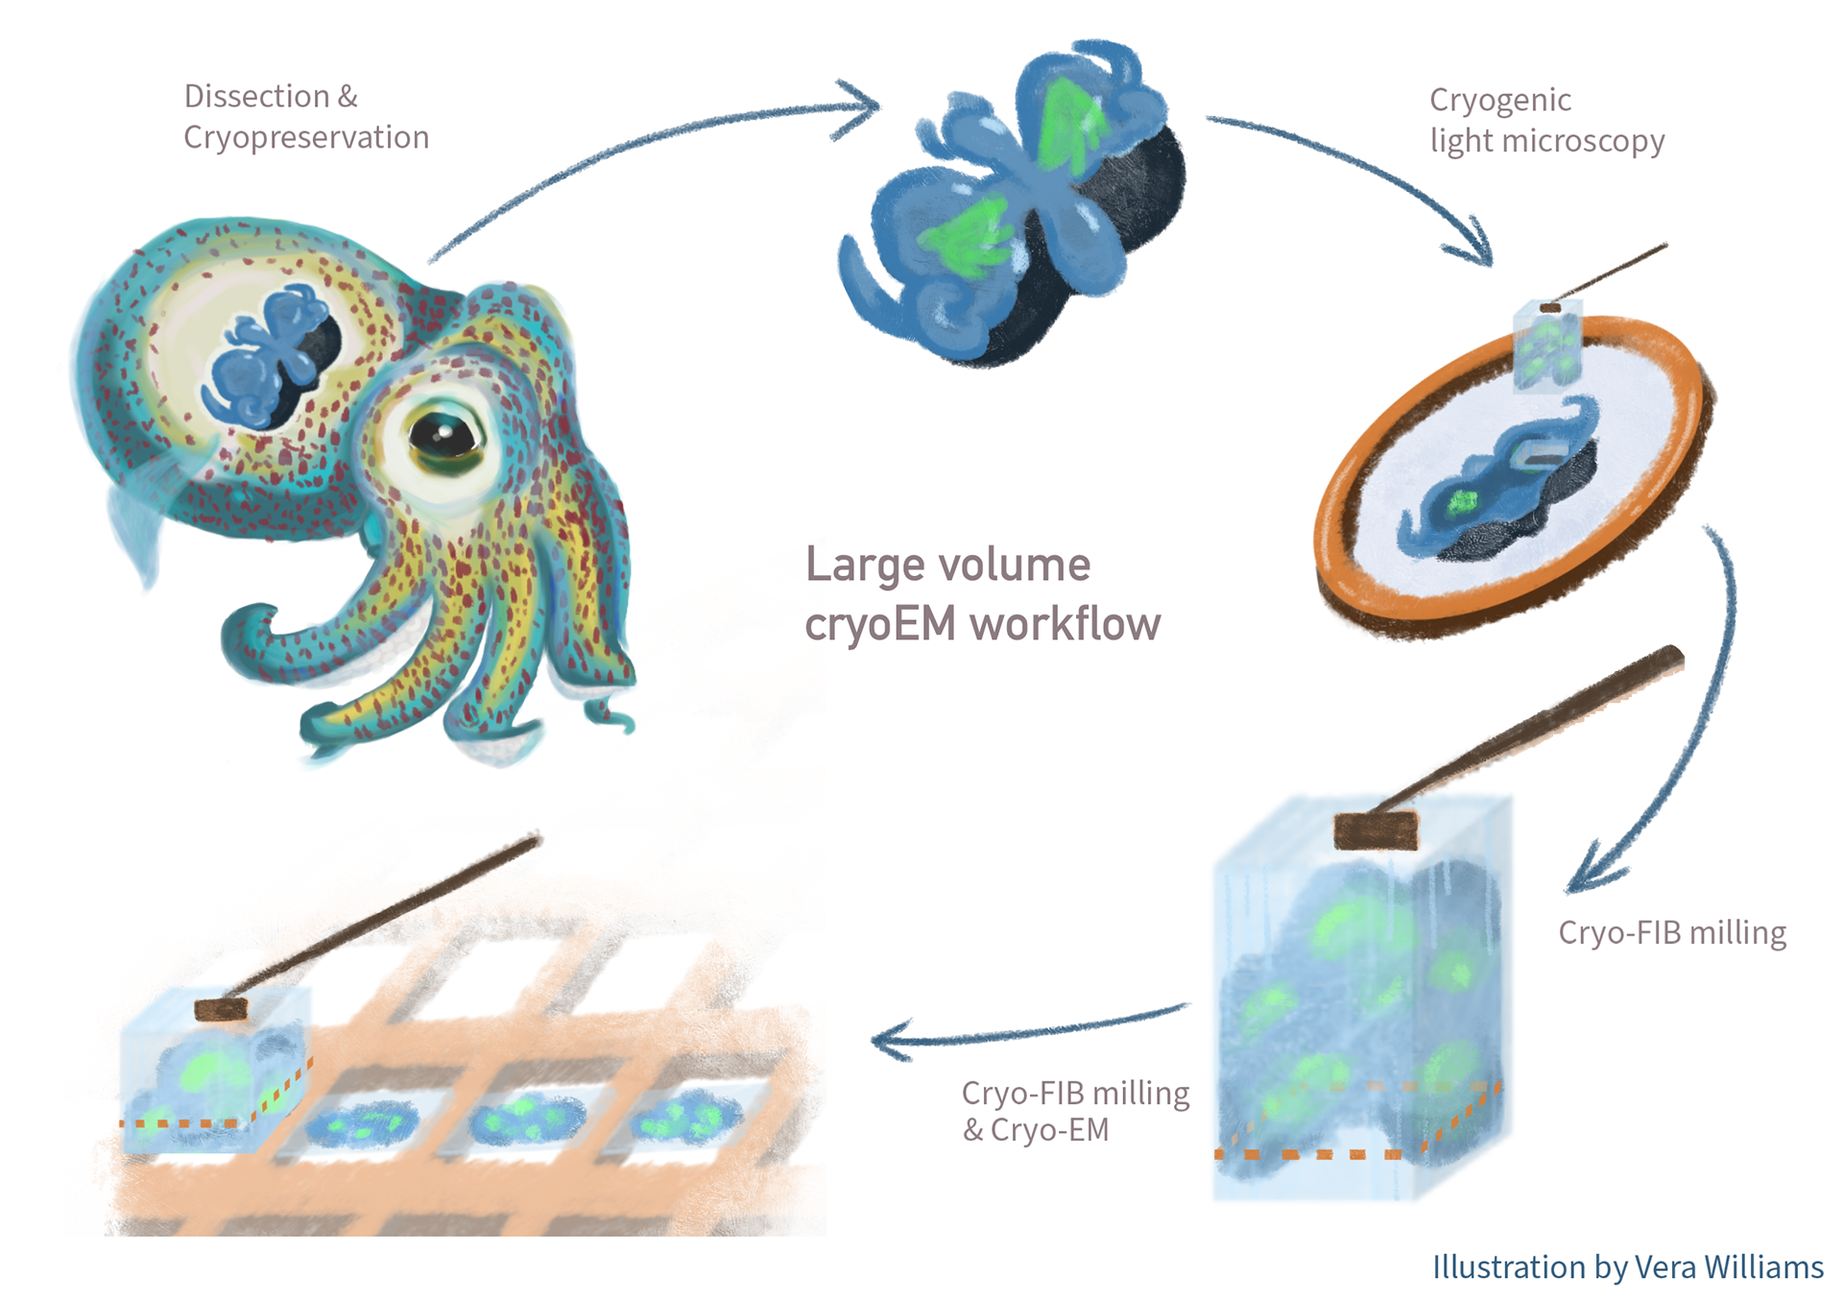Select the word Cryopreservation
pyautogui.click(x=306, y=137)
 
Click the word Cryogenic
pyautogui.click(x=1499, y=100)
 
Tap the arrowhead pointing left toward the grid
pyautogui.click(x=888, y=1042)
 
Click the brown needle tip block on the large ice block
pyautogui.click(x=1376, y=830)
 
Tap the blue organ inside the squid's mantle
pyautogui.click(x=269, y=355)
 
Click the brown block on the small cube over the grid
pyautogui.click(x=221, y=1009)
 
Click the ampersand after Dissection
pyautogui.click(x=347, y=96)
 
